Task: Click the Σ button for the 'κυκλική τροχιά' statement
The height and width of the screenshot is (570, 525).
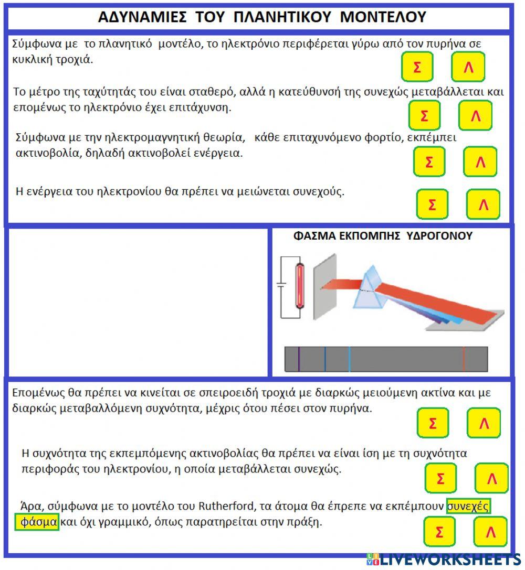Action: point(417,67)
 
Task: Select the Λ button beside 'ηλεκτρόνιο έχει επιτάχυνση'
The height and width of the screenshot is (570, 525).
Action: point(475,115)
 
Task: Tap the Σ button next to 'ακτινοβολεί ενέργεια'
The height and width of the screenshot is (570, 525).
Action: point(429,162)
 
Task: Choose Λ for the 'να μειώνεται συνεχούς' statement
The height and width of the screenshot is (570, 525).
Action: point(483,205)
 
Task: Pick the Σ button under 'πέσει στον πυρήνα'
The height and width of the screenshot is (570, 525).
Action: point(433,423)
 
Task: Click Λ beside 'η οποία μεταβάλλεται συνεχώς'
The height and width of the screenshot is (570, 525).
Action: point(491,478)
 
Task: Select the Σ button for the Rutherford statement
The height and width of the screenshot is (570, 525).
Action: point(439,532)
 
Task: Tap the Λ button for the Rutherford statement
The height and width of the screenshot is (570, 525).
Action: point(490,532)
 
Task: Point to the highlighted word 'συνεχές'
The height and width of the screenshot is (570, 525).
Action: point(468,507)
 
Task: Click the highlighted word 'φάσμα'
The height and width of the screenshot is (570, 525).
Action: point(37,523)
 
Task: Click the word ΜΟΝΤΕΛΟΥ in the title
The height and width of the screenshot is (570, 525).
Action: point(383,17)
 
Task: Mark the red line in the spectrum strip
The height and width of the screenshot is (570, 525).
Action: point(464,359)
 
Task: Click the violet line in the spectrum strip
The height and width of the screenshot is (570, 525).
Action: point(299,359)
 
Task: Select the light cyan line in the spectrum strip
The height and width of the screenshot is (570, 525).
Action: point(349,359)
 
